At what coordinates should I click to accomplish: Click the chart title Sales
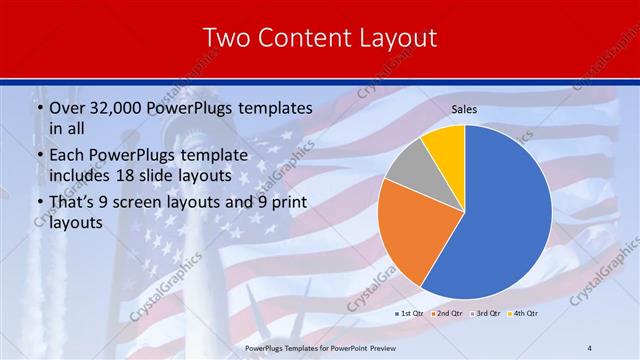click(464, 109)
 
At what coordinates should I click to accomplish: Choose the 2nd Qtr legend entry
click(449, 314)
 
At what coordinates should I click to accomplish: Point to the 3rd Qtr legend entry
click(486, 314)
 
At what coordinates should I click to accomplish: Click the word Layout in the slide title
click(397, 38)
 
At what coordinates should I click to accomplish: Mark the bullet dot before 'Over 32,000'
click(38, 108)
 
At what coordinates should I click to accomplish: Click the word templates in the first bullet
click(273, 107)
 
